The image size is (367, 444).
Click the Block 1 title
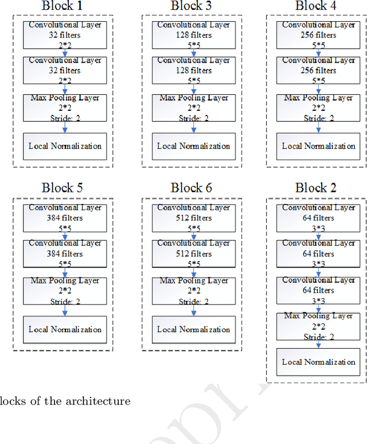click(65, 6)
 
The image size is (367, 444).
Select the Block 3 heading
click(194, 6)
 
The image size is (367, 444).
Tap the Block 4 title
click(319, 6)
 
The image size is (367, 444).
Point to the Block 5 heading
click(65, 188)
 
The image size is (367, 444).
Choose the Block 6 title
click(194, 188)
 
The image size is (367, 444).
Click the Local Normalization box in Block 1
click(65, 146)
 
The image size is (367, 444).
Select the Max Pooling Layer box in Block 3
click(194, 108)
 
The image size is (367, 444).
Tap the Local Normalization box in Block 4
click(319, 146)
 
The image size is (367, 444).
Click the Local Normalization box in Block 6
click(194, 329)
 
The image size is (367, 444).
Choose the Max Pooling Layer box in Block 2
click(319, 326)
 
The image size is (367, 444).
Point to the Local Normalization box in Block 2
click(319, 362)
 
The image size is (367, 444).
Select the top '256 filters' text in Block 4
click(319, 36)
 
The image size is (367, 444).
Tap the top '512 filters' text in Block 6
click(194, 218)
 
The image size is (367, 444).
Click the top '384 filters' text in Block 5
click(65, 218)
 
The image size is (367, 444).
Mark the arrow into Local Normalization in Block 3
click(194, 127)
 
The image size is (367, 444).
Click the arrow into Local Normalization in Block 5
click(65, 310)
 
